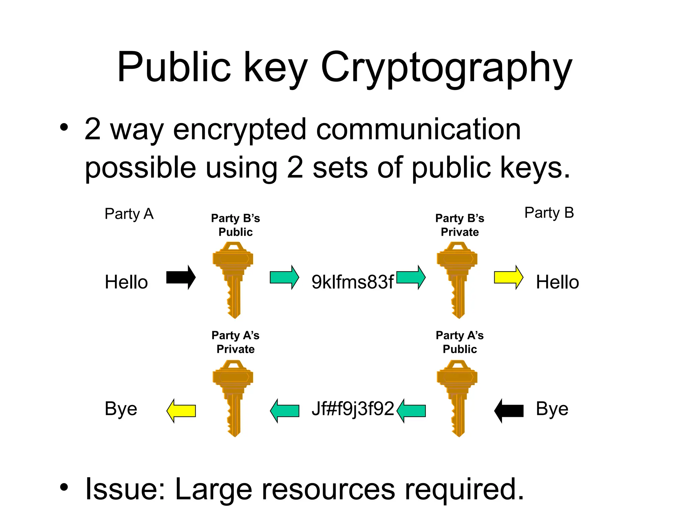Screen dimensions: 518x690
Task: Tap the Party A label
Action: pos(129,214)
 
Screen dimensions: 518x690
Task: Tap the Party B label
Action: pos(549,213)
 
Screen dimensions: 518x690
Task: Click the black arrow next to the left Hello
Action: pos(181,278)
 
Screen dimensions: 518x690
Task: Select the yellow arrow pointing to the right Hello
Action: pos(508,278)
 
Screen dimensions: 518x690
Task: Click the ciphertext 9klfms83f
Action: pos(352,282)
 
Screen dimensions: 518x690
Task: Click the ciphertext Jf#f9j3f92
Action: pos(352,409)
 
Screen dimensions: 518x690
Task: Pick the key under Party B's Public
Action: pos(233,280)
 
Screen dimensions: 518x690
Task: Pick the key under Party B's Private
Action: pos(457,280)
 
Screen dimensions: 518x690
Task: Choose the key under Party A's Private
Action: pos(233,398)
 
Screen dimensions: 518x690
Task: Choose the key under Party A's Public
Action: pos(457,398)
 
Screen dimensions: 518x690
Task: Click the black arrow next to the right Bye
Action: pos(509,411)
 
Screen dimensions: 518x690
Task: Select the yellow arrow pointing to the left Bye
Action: pos(181,411)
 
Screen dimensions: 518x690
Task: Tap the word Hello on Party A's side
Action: pos(126,282)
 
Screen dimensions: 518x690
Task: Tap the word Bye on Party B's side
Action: pos(552,409)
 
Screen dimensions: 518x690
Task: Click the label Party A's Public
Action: pos(460,342)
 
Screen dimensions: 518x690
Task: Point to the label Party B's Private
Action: pos(460,225)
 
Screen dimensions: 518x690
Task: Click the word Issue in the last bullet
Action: pos(125,489)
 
